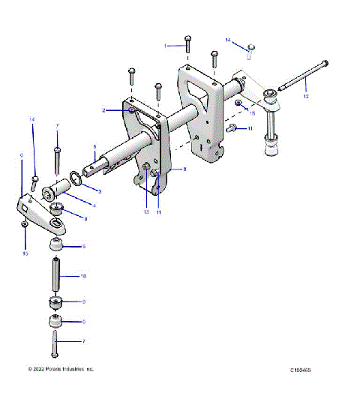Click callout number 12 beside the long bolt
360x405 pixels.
pyautogui.click(x=305, y=96)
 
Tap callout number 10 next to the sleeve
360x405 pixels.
pyautogui.click(x=84, y=276)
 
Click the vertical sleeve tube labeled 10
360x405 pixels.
pyautogui.click(x=55, y=276)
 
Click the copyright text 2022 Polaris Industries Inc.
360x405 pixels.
pyautogui.click(x=61, y=369)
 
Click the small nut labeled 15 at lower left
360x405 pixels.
pyautogui.click(x=25, y=223)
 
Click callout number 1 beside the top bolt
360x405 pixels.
pyautogui.click(x=166, y=46)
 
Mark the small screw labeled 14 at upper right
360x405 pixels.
pyautogui.click(x=251, y=49)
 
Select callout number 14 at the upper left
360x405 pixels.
pyautogui.click(x=32, y=120)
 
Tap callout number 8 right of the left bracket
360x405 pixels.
pyautogui.click(x=175, y=170)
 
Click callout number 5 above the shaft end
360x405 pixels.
pyautogui.click(x=94, y=147)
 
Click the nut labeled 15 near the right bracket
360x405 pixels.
pyautogui.click(x=238, y=101)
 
